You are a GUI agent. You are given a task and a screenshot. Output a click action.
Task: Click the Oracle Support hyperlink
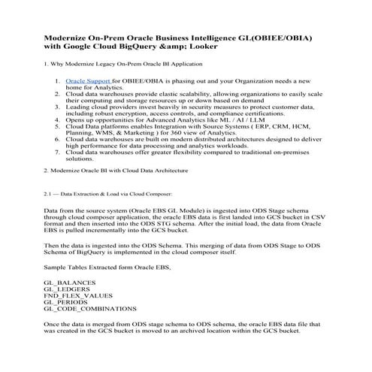coord(88,80)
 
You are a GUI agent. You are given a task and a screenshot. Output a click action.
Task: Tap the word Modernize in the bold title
coord(73,35)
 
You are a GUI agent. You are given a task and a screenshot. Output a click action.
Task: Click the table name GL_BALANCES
coord(70,281)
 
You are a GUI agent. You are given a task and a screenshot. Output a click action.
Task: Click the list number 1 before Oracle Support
coord(57,80)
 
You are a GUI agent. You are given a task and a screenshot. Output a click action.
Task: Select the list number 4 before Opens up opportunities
coord(57,119)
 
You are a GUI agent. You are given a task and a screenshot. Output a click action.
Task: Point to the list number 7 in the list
coord(57,152)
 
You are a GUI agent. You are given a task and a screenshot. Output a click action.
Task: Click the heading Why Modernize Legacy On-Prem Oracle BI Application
coord(126,64)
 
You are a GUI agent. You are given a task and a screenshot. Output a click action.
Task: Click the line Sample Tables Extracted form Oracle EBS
coord(107,267)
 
